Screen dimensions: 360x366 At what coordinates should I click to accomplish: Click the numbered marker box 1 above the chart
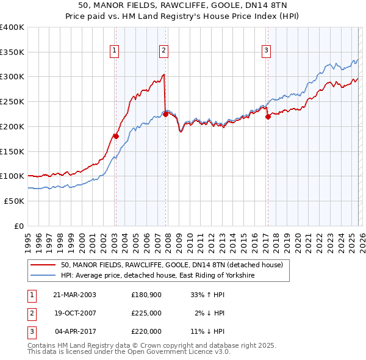[115, 51]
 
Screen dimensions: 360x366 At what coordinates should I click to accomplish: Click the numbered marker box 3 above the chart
[267, 51]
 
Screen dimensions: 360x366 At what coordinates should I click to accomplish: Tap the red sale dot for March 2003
[116, 136]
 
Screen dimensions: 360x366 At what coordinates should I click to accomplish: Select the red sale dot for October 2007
[165, 114]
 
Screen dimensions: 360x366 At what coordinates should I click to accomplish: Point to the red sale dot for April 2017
[267, 117]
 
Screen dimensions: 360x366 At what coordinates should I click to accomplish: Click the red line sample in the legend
[43, 265]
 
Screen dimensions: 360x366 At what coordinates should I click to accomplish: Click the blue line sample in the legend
[43, 276]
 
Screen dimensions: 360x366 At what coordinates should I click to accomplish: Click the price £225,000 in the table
[146, 313]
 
